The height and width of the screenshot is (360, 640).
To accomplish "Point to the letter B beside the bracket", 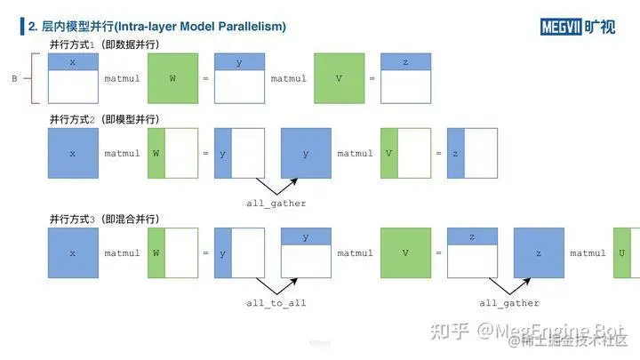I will point(14,78).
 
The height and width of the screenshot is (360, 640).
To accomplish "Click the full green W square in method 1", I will point(172,78).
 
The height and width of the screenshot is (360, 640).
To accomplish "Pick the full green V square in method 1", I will point(339,78).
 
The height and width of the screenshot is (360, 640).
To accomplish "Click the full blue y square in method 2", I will point(306,153).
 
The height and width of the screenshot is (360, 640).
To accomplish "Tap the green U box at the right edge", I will point(627,252).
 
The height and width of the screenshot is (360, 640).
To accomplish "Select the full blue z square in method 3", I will point(539,252).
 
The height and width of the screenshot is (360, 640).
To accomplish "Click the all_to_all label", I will point(276,303).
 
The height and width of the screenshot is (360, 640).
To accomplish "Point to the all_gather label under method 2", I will point(276,204).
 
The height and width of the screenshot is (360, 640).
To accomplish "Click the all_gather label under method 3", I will point(509,303).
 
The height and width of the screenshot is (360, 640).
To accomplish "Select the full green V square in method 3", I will point(405,252).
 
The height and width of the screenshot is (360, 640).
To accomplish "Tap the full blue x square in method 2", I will point(73,153).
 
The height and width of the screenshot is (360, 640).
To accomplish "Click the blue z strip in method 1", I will point(405,61).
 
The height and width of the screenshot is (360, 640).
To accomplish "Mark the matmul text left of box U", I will point(588,253).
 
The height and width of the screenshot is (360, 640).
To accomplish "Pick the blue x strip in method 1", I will point(73,61).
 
